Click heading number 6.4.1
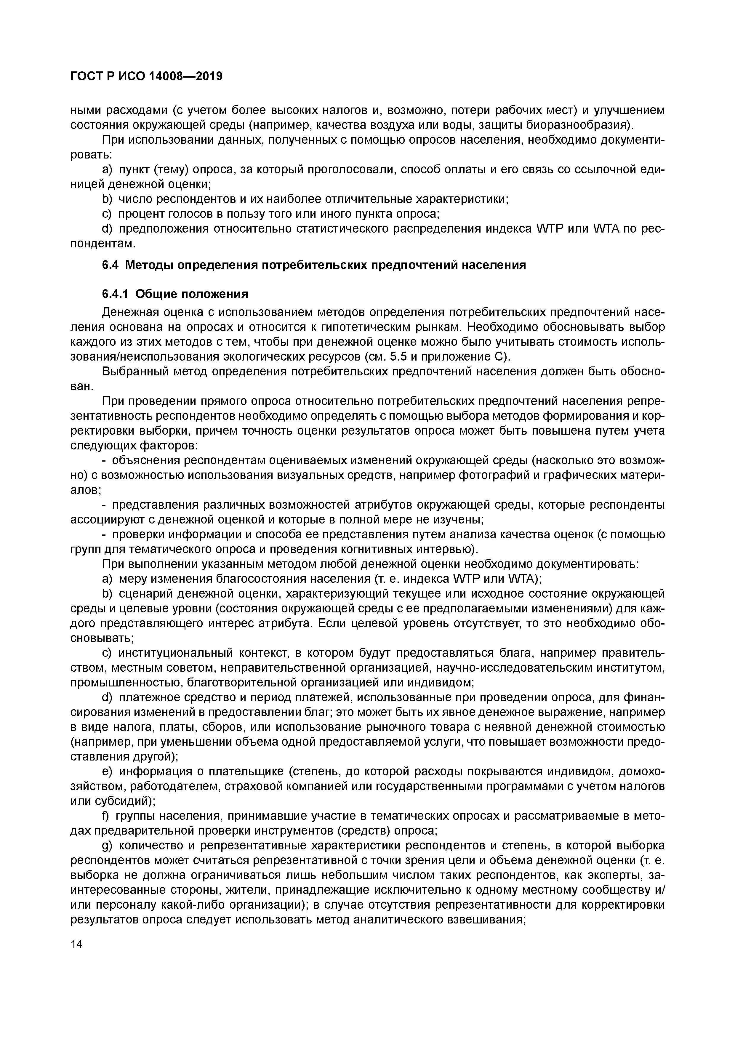point(116,294)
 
